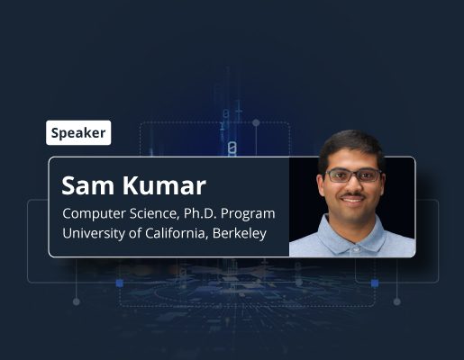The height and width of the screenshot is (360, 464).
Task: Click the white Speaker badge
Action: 78,132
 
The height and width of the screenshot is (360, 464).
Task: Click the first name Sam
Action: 87,186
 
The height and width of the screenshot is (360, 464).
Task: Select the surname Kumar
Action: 164,186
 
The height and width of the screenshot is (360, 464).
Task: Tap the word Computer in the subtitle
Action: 94,214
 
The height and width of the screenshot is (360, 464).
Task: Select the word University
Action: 94,234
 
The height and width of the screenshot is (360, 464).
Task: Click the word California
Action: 177,233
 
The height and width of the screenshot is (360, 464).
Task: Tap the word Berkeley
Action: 240,234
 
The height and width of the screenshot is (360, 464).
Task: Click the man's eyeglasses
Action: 354,175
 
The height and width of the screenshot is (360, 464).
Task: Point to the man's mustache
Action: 353,195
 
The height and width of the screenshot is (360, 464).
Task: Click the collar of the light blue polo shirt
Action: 353,237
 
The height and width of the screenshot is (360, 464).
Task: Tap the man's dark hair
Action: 351,146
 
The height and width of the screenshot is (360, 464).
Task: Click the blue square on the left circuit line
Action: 120,283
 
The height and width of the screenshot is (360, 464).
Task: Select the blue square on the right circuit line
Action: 375,283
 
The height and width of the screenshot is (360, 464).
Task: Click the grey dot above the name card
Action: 256,122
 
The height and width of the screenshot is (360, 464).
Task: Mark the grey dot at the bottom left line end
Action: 77,301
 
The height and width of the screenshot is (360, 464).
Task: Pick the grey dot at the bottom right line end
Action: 397,301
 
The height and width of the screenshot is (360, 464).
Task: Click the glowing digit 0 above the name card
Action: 232,149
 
